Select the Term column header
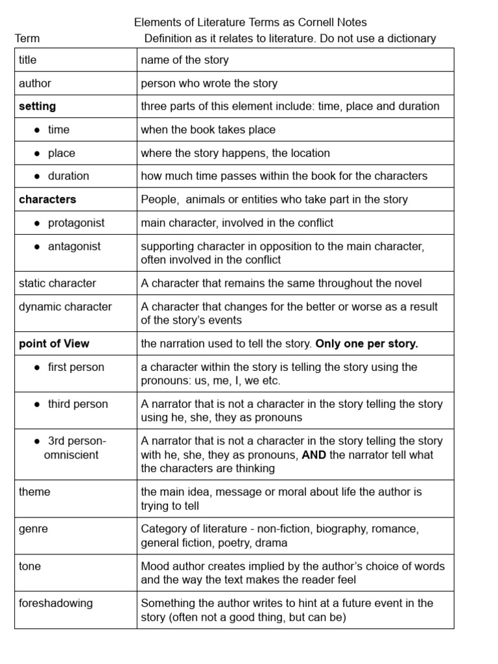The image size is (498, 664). point(27,38)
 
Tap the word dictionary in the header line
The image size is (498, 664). point(411,38)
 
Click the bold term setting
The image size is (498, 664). point(38,106)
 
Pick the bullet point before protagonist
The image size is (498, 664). point(38,223)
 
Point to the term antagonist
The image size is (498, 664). point(74,246)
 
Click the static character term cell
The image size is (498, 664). point(57,283)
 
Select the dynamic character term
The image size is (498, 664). point(65,307)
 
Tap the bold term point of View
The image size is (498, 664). point(54,344)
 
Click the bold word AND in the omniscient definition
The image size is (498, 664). point(314,455)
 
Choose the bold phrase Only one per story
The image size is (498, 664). point(366,344)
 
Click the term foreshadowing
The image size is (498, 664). point(56,603)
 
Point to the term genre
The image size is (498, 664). point(33,529)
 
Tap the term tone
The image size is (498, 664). point(30,566)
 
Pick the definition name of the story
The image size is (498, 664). point(185,60)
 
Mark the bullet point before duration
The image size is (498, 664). point(38,176)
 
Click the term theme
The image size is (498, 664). point(34,492)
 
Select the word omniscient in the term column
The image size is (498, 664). point(71,455)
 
